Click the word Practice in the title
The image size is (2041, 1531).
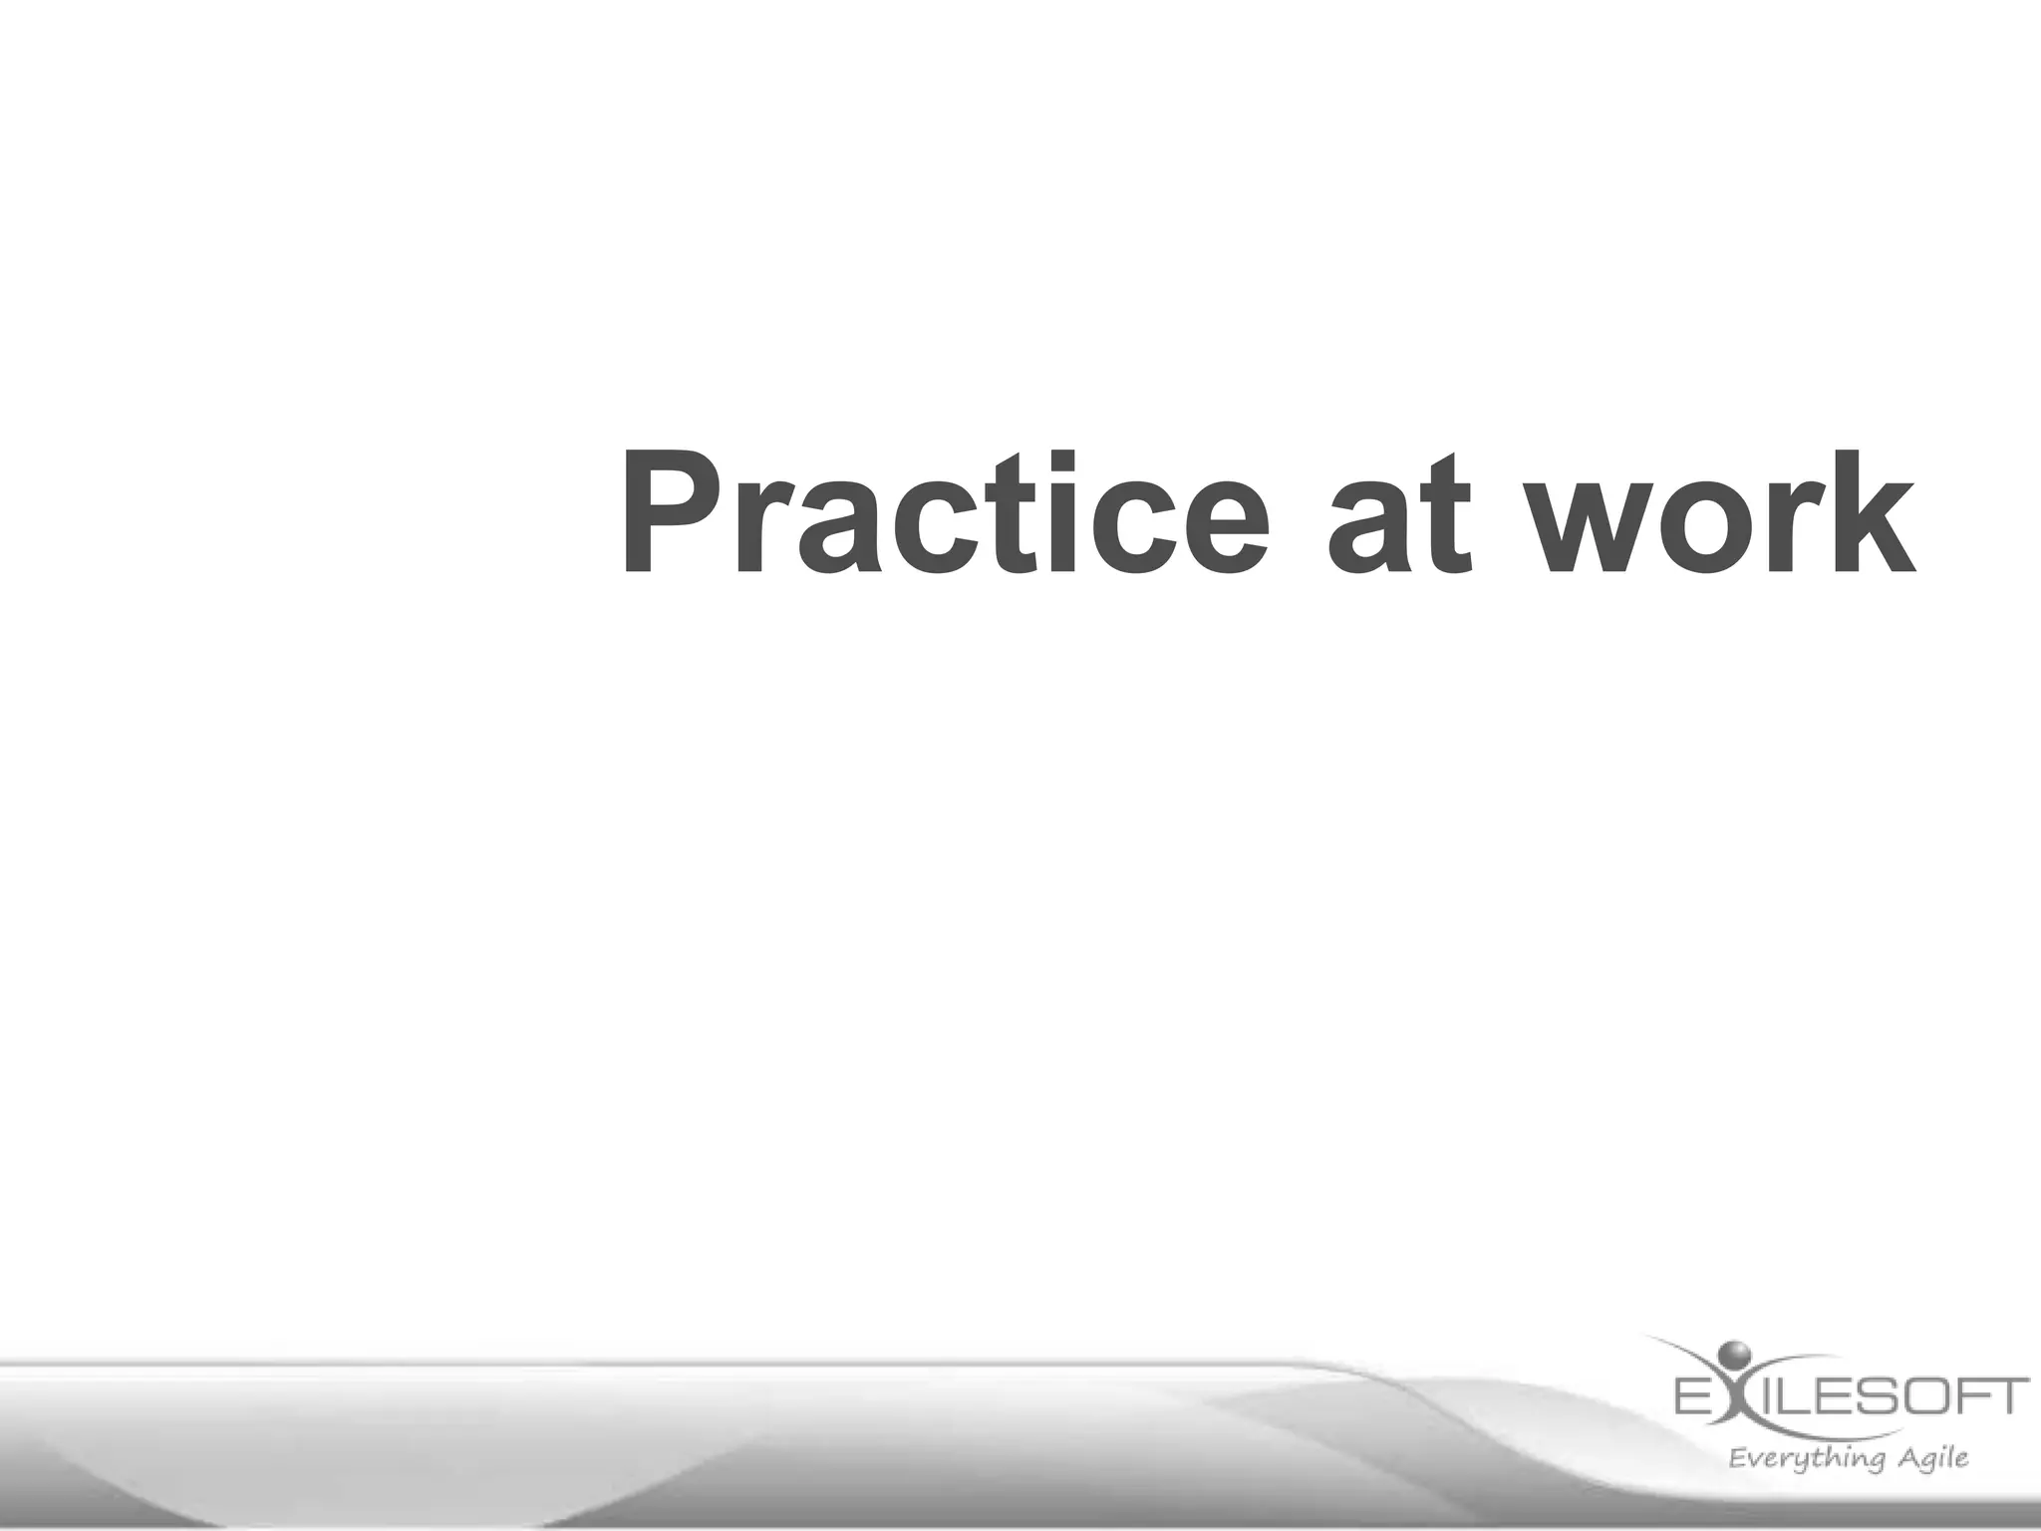pyautogui.click(x=943, y=514)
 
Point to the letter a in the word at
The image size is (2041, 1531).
pyautogui.click(x=1367, y=528)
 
